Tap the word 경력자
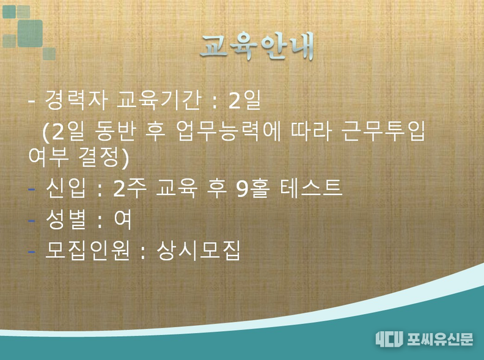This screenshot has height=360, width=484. pyautogui.click(x=76, y=100)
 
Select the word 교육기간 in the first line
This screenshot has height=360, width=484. pyautogui.click(x=159, y=100)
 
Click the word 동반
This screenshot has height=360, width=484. pyautogui.click(x=116, y=131)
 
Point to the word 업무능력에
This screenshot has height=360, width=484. pyautogui.click(x=229, y=131)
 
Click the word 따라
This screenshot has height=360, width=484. pyautogui.click(x=311, y=131)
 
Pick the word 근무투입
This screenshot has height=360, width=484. pyautogui.click(x=383, y=131)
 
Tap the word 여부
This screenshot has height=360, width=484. pyautogui.click(x=48, y=157)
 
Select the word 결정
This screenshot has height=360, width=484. pyautogui.click(x=99, y=157)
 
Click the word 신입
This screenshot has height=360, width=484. pyautogui.click(x=66, y=188)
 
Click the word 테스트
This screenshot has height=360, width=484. pyautogui.click(x=311, y=188)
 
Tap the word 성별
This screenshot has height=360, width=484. pyautogui.click(x=66, y=219)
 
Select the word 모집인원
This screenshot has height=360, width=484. pyautogui.click(x=87, y=250)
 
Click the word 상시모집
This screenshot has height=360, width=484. pyautogui.click(x=199, y=250)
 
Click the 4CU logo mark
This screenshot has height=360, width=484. pyautogui.click(x=389, y=339)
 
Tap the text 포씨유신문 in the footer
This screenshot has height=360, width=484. pyautogui.click(x=440, y=339)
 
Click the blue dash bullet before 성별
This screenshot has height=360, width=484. pyautogui.click(x=32, y=221)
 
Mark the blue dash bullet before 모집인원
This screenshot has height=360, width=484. pyautogui.click(x=32, y=251)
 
